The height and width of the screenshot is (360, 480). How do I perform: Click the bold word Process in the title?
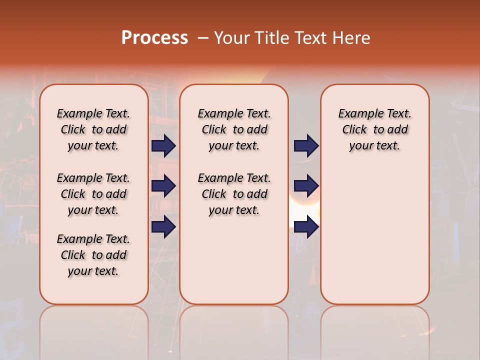[x=154, y=38]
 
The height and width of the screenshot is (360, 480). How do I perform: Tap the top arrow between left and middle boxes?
[x=163, y=145]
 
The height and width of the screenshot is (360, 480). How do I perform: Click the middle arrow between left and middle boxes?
[x=163, y=186]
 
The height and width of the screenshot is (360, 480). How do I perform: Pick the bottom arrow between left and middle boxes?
[x=163, y=227]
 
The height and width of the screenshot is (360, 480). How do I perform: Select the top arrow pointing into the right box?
[x=306, y=145]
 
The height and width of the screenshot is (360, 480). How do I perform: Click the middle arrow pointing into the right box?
[x=306, y=186]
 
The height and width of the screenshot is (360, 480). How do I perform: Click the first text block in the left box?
[x=93, y=129]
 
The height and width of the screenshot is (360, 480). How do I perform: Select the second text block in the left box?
[x=93, y=194]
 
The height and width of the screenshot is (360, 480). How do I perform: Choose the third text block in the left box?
[x=93, y=255]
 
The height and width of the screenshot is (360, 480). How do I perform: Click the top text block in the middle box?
[x=234, y=129]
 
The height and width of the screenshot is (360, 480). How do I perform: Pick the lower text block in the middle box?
[x=234, y=194]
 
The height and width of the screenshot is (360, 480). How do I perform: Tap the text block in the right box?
[x=374, y=129]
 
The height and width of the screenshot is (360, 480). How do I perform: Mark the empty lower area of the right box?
[x=374, y=235]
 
